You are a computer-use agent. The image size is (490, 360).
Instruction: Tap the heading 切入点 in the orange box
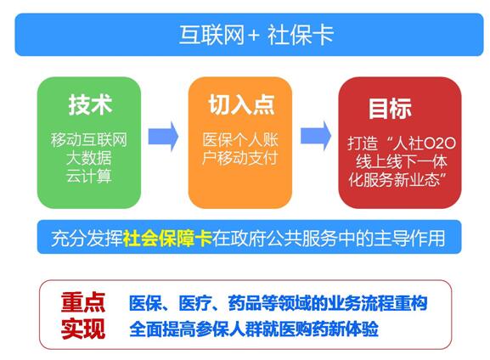(x=241, y=105)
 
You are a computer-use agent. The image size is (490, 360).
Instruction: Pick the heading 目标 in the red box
(x=390, y=110)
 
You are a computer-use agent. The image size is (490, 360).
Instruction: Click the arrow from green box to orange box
(x=162, y=135)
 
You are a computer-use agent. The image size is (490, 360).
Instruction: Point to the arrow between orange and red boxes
(x=314, y=135)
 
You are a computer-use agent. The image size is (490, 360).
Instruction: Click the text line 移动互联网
(x=89, y=138)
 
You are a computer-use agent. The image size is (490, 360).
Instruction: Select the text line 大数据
(x=89, y=157)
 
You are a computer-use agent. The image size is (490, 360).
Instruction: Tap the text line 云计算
(x=89, y=176)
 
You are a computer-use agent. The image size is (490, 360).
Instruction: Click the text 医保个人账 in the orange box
(x=241, y=139)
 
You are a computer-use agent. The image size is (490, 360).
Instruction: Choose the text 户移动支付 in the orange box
(x=241, y=158)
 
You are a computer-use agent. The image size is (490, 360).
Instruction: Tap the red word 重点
(x=82, y=302)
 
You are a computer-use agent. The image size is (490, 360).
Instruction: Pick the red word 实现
(x=82, y=328)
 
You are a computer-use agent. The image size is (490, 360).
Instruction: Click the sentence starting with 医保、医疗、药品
(x=277, y=303)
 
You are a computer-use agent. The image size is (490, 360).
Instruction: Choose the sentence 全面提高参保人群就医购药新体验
(x=255, y=329)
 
